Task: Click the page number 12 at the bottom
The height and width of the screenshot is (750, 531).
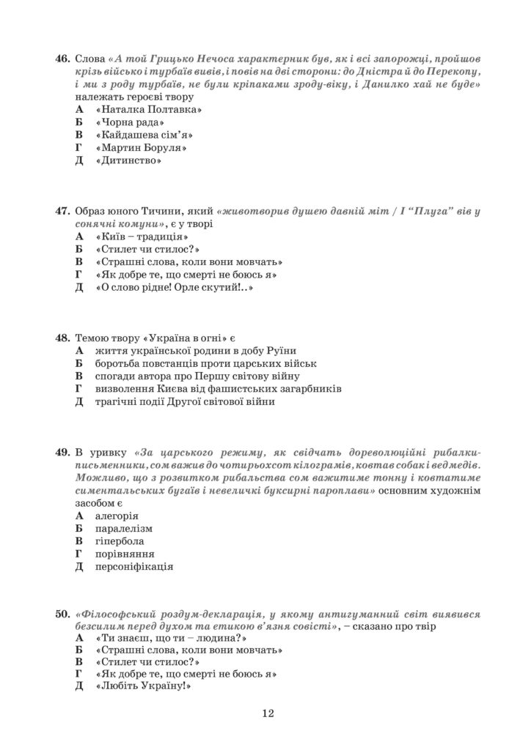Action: [x=266, y=713]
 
